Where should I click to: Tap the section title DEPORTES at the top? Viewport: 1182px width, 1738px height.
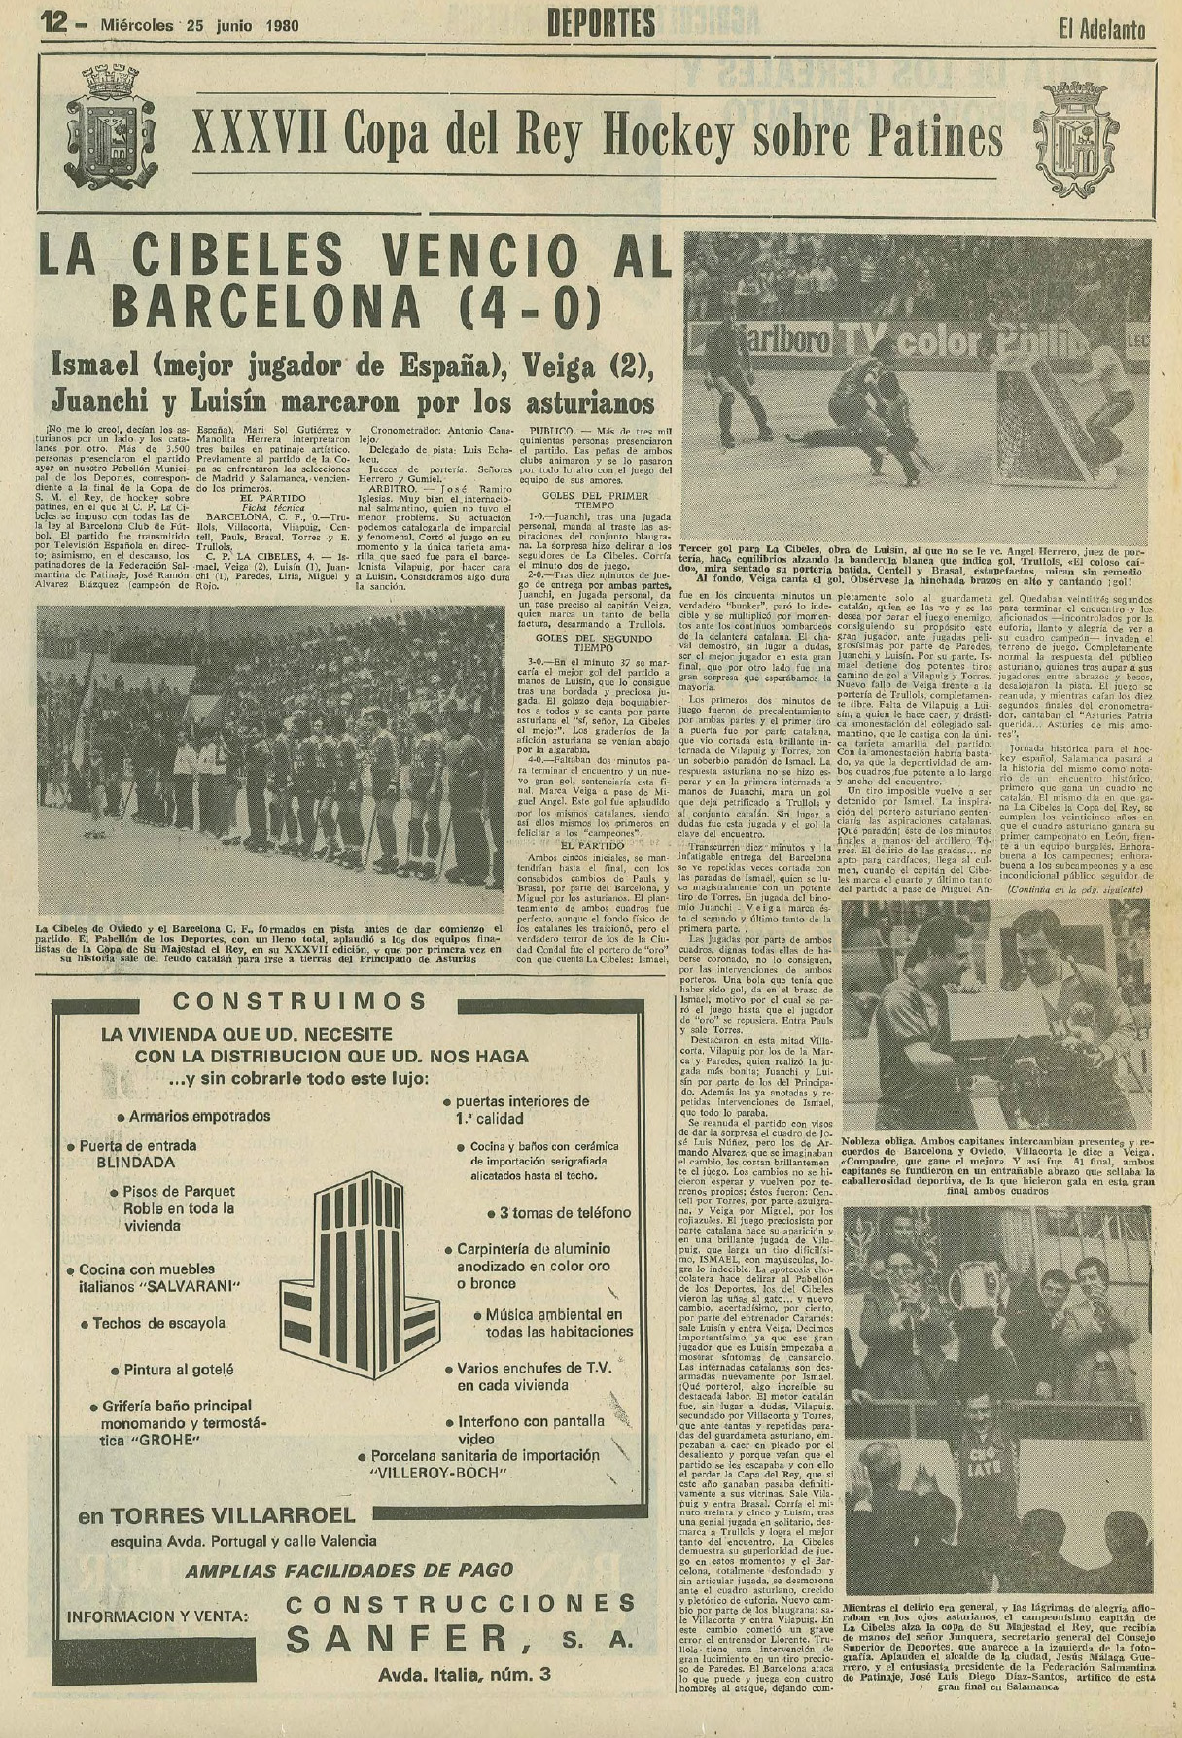click(x=601, y=23)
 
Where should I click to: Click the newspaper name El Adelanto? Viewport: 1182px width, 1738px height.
click(x=1100, y=28)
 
